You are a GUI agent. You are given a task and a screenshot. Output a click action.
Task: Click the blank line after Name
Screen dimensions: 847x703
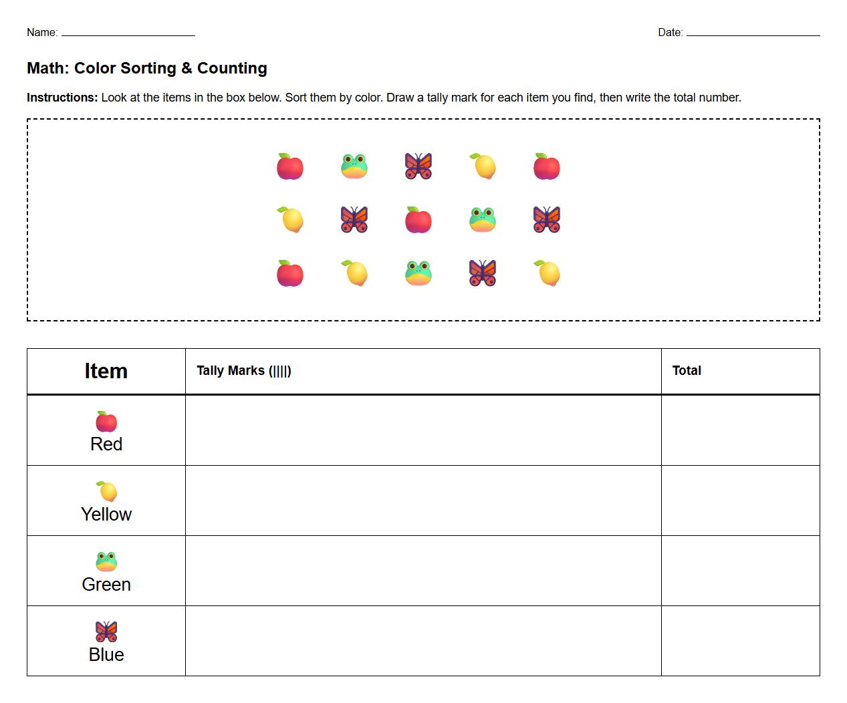point(128,34)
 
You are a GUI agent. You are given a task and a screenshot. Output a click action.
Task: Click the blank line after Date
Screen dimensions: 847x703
point(753,34)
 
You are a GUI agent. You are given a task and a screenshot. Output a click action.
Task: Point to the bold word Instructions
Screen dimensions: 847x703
point(62,98)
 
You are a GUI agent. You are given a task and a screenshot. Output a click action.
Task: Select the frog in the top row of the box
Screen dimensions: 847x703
point(354,166)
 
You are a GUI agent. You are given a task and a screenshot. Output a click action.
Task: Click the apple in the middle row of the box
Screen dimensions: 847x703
point(418,220)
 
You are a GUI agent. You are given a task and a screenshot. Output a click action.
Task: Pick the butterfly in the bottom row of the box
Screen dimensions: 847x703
point(483,273)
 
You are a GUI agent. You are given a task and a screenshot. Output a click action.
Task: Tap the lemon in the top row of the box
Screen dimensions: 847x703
point(483,166)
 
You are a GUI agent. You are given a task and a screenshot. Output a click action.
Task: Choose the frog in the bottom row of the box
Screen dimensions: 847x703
point(418,273)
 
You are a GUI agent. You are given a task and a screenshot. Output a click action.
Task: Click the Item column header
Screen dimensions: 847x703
point(106,371)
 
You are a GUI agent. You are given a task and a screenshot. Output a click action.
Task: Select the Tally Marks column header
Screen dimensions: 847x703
point(244,371)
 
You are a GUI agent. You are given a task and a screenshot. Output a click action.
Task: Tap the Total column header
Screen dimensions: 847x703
point(687,371)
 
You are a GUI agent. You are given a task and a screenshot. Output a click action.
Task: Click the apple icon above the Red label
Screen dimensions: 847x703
point(106,422)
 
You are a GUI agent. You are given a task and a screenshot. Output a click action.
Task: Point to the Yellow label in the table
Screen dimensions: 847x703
point(106,515)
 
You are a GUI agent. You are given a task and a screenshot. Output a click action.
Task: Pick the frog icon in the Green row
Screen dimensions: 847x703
point(106,561)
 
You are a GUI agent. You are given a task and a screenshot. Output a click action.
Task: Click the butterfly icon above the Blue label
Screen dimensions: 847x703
point(106,631)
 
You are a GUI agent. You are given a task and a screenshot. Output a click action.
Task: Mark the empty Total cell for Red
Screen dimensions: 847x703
point(740,430)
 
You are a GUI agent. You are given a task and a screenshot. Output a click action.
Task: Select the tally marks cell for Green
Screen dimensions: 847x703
point(423,571)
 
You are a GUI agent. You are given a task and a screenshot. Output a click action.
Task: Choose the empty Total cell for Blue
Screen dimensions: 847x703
point(740,641)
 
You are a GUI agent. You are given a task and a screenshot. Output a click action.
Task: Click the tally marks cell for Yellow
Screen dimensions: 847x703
point(423,501)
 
